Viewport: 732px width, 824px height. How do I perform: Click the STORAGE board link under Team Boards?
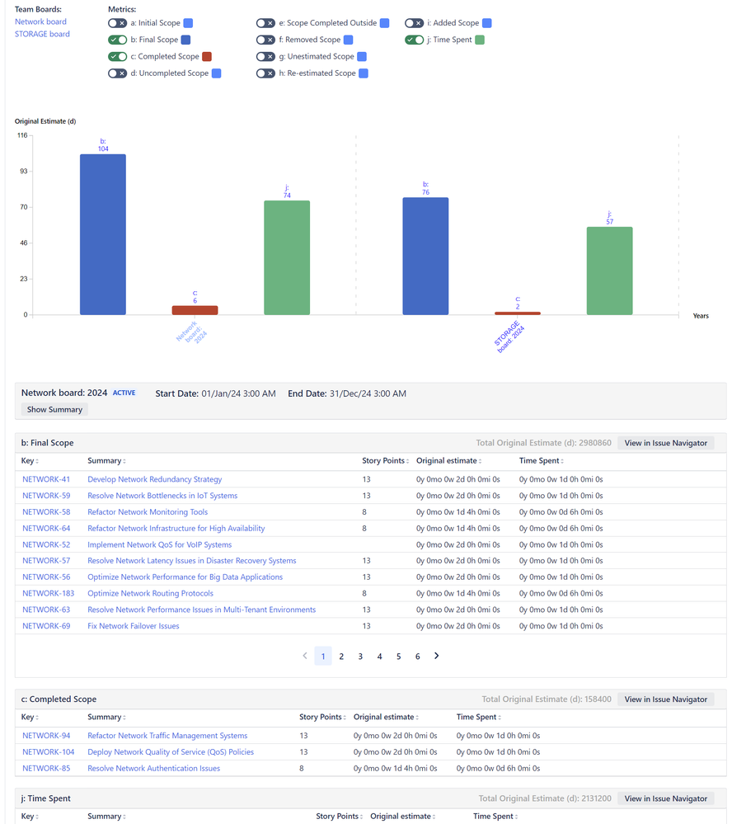42,34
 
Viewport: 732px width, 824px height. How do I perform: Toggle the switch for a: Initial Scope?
117,23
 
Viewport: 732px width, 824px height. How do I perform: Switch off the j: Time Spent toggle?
414,40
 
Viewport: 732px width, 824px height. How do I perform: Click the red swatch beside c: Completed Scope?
207,57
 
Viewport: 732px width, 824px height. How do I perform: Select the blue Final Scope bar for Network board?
103,234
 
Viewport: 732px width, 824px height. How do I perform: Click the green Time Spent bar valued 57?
609,271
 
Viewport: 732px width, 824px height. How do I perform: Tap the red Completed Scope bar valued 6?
195,310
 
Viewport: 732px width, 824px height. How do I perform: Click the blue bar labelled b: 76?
425,256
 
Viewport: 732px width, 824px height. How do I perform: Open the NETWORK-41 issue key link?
46,479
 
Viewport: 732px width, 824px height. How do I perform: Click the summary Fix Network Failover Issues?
134,626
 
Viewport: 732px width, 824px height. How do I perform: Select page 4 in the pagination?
379,657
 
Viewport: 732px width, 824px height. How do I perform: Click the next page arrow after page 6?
437,657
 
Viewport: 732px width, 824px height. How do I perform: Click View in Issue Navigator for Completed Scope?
665,699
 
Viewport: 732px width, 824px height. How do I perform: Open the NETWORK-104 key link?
49,752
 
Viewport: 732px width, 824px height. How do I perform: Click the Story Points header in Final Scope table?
382,461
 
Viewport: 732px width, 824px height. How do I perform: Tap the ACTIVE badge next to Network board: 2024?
124,393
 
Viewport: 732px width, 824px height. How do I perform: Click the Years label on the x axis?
701,316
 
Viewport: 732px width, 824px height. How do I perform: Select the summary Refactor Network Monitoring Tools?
148,512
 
